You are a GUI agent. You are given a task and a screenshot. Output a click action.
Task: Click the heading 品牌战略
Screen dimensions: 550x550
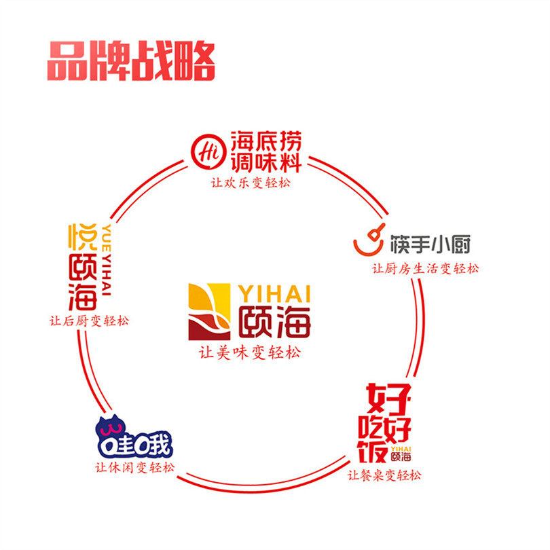pyautogui.click(x=131, y=62)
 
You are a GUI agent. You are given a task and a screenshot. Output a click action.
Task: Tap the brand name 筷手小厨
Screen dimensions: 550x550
pyautogui.click(x=430, y=245)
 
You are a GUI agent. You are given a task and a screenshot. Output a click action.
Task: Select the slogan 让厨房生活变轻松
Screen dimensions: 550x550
pyautogui.click(x=424, y=268)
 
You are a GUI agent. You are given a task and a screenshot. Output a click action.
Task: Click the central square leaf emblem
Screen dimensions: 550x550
pyautogui.click(x=211, y=312)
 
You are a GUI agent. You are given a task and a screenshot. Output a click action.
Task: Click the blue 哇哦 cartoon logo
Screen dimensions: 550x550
pyautogui.click(x=134, y=439)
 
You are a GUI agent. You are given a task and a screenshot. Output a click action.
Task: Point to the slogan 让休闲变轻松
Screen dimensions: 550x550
pyautogui.click(x=135, y=469)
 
